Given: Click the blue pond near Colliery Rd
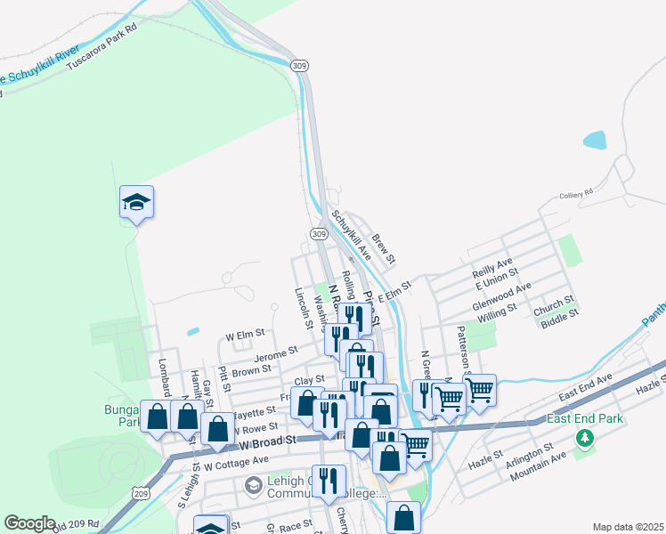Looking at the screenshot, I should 594,140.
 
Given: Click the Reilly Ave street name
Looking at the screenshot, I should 492,266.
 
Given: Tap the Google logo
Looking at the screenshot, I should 29,523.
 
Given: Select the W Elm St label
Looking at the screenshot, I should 245,335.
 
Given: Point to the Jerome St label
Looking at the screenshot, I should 276,353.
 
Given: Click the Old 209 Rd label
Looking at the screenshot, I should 75,527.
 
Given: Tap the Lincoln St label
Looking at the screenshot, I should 303,309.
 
